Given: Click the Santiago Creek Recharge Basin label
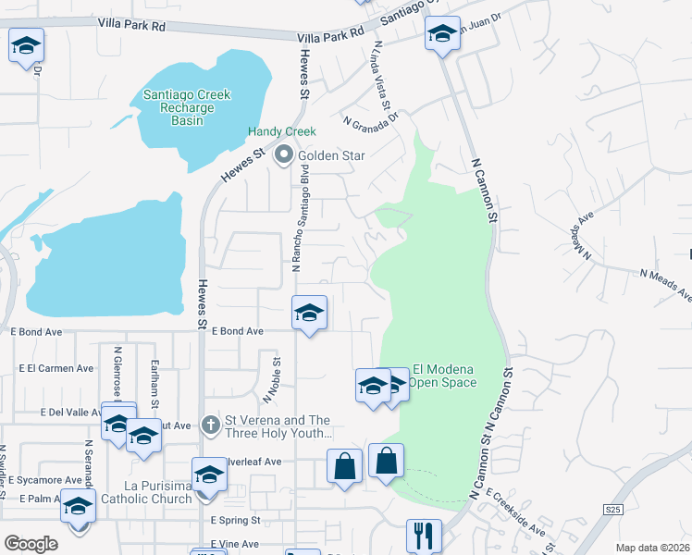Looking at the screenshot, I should pos(187,108).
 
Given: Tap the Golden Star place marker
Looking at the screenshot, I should pos(284,154).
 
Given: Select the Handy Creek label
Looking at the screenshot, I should pos(282,132).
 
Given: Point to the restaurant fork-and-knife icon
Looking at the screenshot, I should pos(424,535).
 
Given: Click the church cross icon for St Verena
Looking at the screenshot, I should pos(211,425).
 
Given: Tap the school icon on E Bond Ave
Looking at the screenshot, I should pos(309,314).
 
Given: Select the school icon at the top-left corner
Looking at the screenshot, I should pos(26,44).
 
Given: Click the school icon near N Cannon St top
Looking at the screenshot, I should pos(442,35).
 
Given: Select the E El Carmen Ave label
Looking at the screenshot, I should pos(56,368).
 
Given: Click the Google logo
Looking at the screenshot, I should pos(30,543).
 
